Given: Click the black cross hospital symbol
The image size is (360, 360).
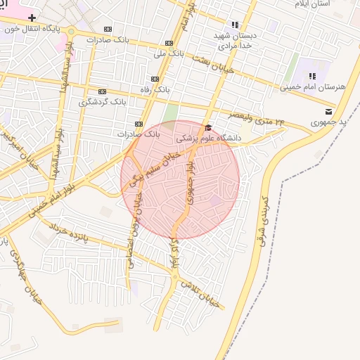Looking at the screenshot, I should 32,16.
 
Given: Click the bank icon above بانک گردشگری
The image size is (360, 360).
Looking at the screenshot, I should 103,91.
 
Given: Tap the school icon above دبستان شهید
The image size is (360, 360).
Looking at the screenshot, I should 235,24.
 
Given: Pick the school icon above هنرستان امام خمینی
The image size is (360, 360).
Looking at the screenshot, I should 312,75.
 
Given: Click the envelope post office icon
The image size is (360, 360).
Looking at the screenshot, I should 328,111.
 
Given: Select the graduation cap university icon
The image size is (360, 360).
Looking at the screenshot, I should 207,127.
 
